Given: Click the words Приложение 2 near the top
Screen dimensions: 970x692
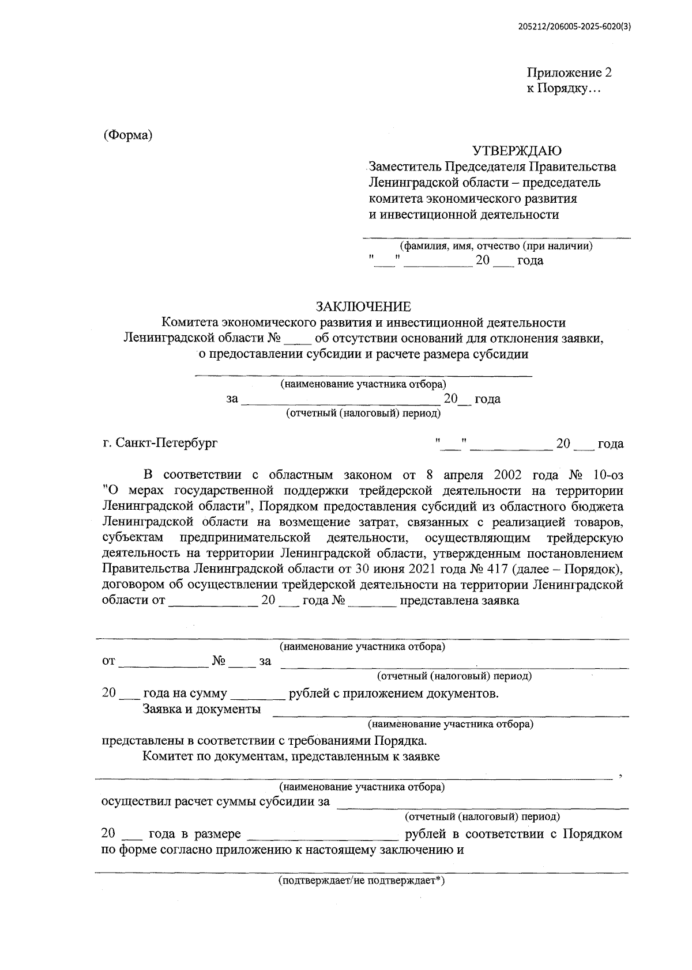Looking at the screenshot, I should coord(569,73).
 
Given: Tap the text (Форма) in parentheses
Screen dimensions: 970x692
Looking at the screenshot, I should coord(127,136).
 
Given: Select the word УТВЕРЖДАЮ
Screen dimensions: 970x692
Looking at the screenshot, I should coord(517,151).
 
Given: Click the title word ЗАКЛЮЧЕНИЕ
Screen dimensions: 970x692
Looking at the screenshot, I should coord(363,306).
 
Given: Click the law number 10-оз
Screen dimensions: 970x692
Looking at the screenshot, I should coord(607,475).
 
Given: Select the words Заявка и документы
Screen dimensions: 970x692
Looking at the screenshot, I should coord(202,708).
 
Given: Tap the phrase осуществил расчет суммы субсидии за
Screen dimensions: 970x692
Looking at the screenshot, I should coord(215,802).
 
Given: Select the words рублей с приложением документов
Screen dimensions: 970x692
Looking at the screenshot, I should coord(393,693).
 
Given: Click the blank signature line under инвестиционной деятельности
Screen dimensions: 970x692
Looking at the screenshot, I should coord(497,236).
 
